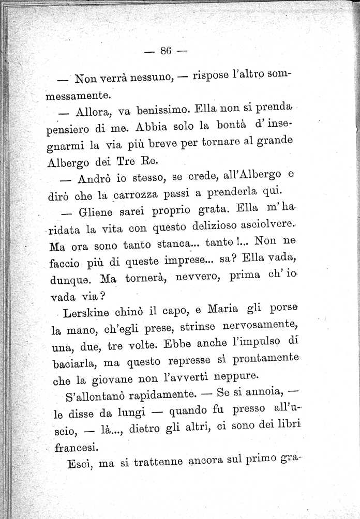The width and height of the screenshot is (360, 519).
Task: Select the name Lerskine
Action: (84, 314)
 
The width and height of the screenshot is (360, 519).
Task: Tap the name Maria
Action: (194, 312)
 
